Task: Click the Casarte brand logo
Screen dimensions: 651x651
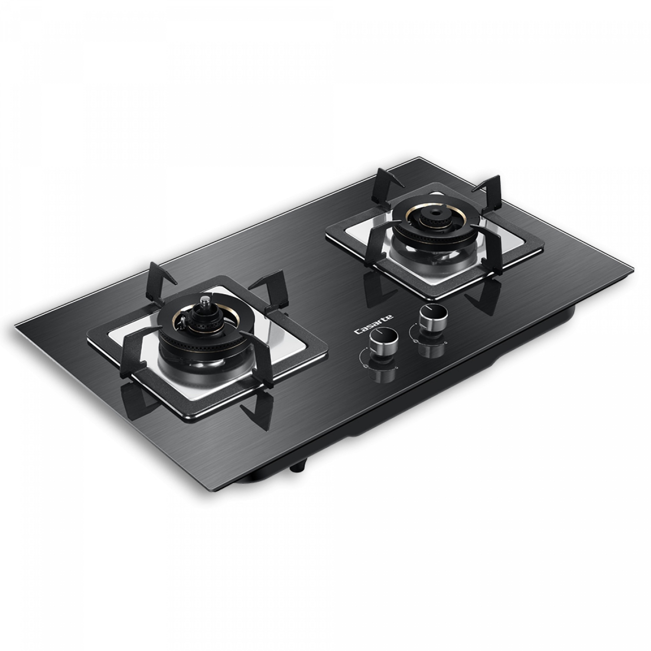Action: (374, 324)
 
